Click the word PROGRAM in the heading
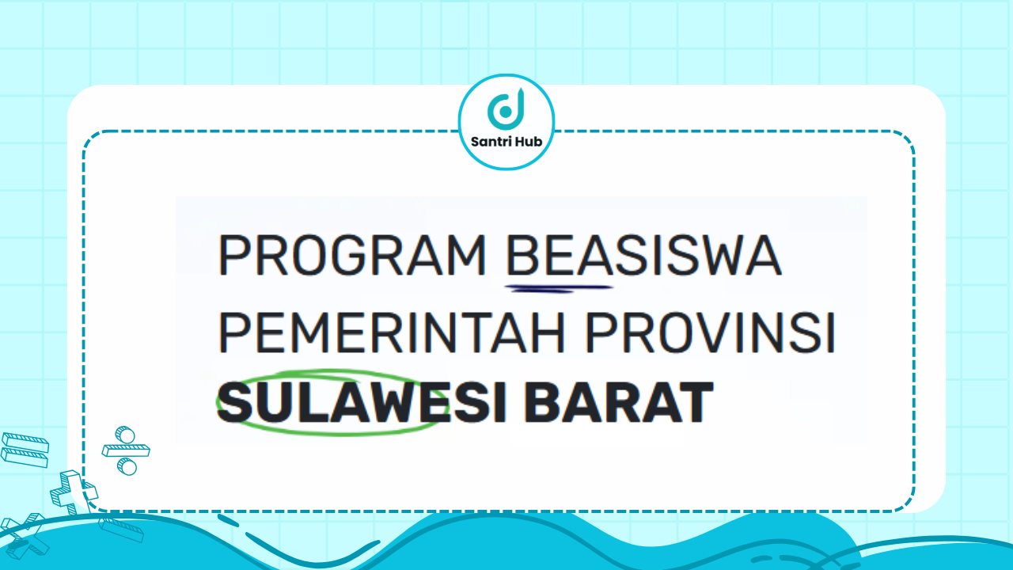(x=352, y=256)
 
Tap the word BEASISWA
(x=643, y=256)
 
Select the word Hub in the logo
(x=527, y=142)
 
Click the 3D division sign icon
(x=126, y=450)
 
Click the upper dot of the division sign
(x=123, y=434)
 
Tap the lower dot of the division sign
(x=127, y=467)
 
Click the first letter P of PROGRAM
(x=232, y=256)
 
